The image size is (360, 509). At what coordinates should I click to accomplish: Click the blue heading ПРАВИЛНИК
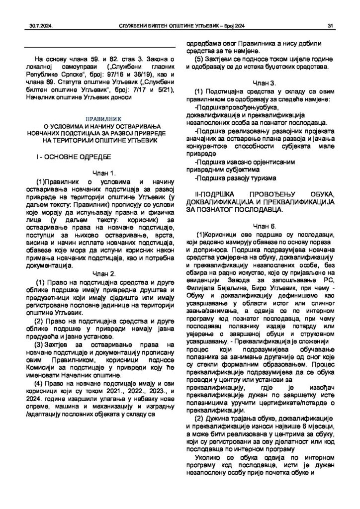tap(99, 120)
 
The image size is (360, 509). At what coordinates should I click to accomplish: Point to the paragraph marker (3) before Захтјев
tap(38, 344)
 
